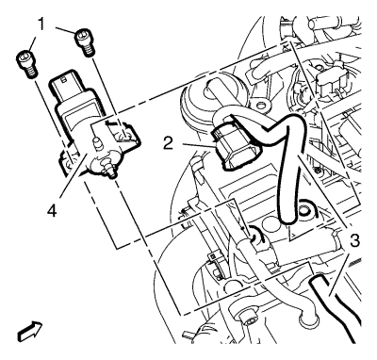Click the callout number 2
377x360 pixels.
point(168,144)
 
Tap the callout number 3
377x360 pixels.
point(354,241)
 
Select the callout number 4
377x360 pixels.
point(52,210)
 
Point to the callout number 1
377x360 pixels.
point(41,25)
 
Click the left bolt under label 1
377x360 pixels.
point(26,63)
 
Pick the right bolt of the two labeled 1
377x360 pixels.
point(84,43)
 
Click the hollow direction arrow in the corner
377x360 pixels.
point(30,331)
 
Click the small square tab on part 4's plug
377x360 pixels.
point(64,79)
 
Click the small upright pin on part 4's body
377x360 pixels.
point(97,143)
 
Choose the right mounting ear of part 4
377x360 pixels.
point(125,133)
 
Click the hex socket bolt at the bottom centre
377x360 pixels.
point(249,321)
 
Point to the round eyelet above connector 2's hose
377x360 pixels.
point(260,104)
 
